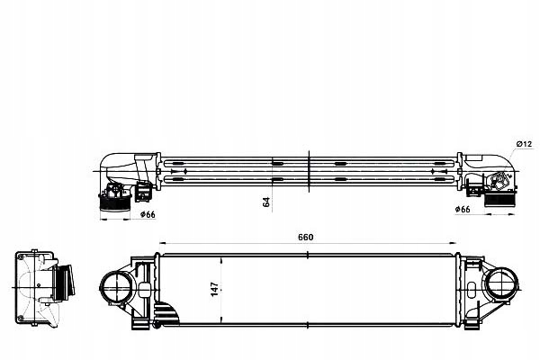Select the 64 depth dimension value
265,202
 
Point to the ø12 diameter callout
526,145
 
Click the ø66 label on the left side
145,214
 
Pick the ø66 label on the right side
463,210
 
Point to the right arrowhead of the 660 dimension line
457,244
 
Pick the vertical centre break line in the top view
309,171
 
